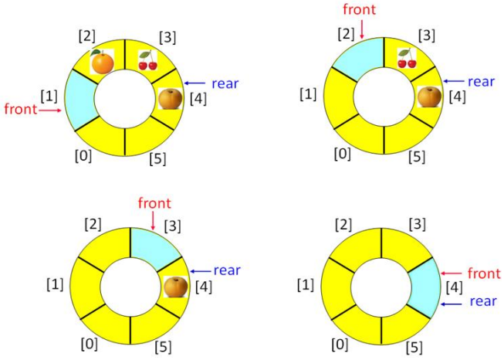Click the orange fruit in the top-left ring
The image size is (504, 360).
coord(102,61)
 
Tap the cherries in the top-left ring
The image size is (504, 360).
coord(147,59)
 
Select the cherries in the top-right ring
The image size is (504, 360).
coord(407,58)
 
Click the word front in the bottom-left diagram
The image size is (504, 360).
coord(154,203)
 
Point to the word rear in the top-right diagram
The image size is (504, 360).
coord(481,81)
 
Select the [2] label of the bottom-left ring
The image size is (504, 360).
coord(92,224)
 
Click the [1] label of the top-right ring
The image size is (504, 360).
coord(308,94)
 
